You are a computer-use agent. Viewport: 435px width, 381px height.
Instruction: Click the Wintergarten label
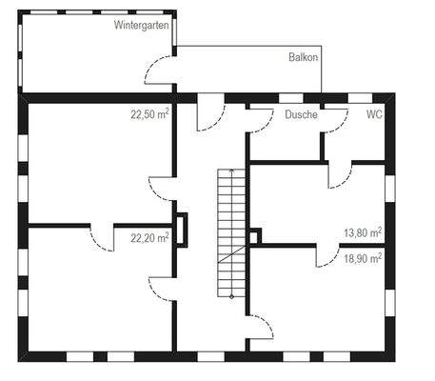pyautogui.click(x=142, y=25)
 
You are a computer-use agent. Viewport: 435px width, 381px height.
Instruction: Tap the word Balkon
pyautogui.click(x=303, y=57)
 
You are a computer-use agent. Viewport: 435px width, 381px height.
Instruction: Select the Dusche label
pyautogui.click(x=301, y=114)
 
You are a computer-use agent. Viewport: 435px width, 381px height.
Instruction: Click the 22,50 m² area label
pyautogui.click(x=150, y=113)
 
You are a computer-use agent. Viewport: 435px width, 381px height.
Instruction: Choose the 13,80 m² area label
pyautogui.click(x=363, y=232)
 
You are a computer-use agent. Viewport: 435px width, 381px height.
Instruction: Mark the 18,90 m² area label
pyautogui.click(x=363, y=257)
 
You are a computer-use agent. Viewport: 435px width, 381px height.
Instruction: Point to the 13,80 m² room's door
pyautogui.click(x=341, y=174)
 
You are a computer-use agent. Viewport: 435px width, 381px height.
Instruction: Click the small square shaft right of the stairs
pyautogui.click(x=254, y=234)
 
